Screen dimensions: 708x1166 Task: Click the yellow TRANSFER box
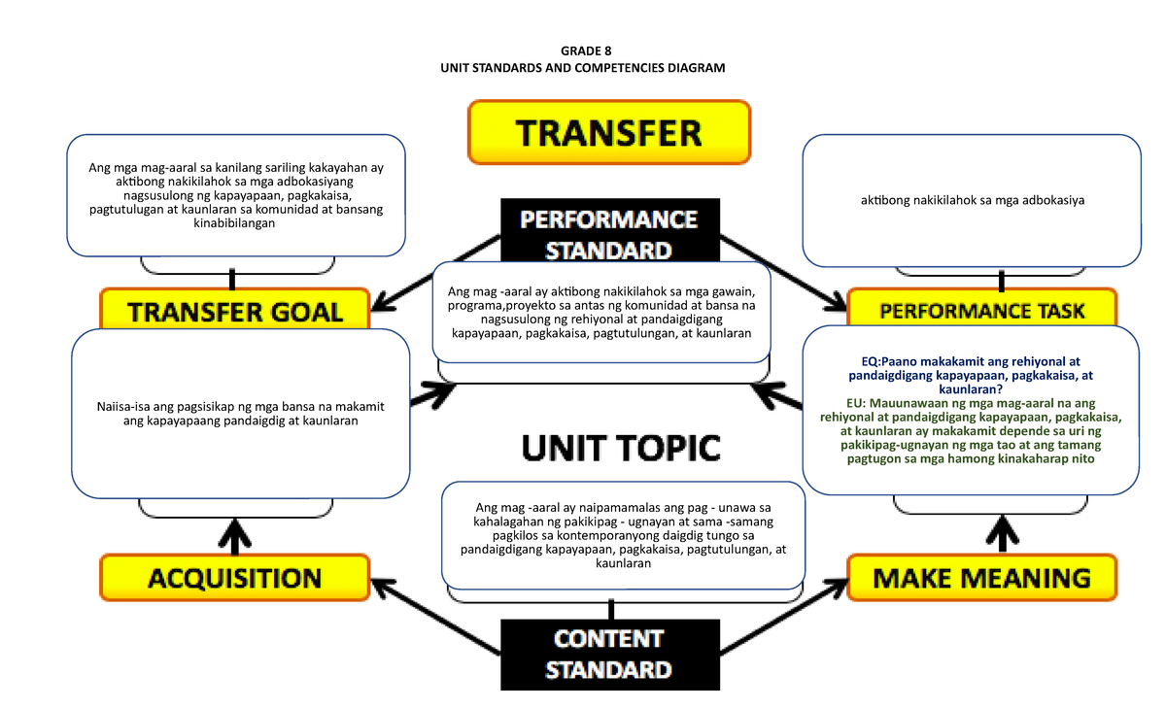609,131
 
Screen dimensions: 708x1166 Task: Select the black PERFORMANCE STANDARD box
609,234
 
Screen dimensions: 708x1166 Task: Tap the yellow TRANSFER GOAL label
235,311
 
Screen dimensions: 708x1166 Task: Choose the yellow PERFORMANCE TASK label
982,311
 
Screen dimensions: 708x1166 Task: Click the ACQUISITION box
234,578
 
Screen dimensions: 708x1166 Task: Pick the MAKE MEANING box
982,578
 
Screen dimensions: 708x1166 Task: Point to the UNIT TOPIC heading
621,448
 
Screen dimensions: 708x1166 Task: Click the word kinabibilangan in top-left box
235,223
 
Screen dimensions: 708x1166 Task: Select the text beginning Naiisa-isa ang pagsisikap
240,414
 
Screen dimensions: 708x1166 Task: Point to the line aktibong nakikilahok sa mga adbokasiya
971,201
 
